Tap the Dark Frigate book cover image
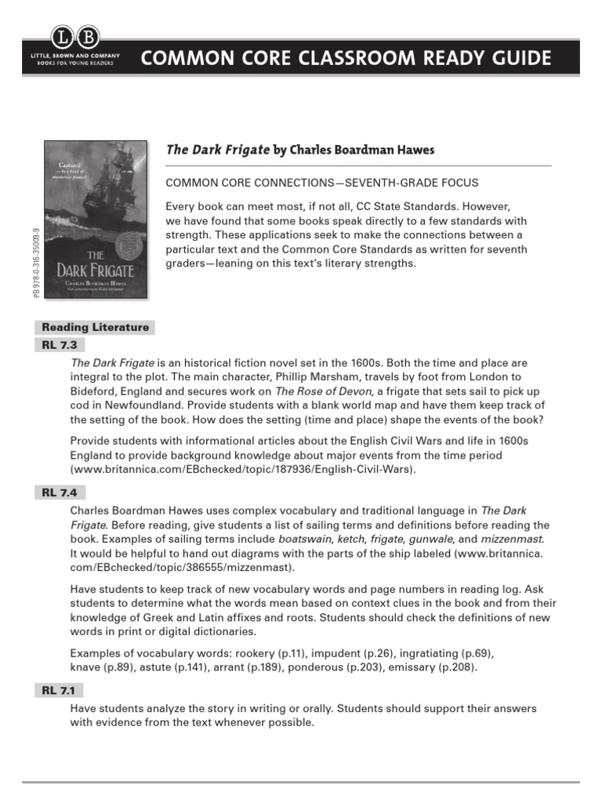(95, 219)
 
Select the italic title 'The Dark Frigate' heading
(217, 150)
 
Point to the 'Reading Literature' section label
(95, 328)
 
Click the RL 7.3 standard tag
(59, 345)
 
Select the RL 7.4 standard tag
(59, 492)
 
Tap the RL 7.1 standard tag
(59, 690)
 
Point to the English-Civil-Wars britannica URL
(241, 470)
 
